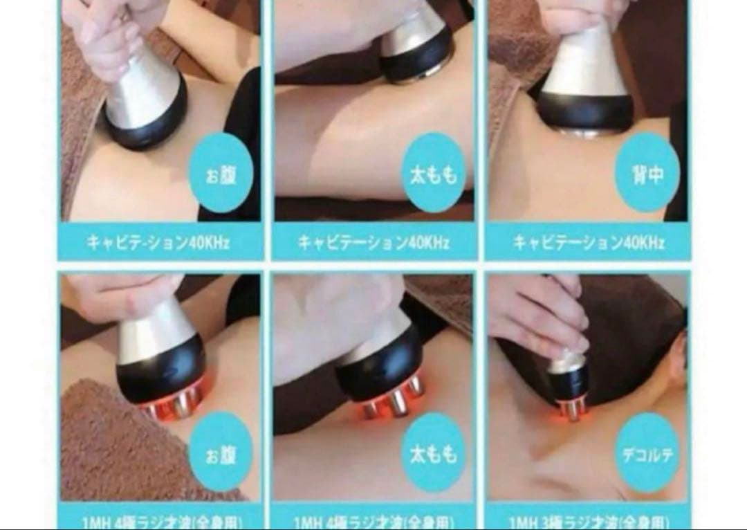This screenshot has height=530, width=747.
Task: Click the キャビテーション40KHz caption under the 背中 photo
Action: point(588,242)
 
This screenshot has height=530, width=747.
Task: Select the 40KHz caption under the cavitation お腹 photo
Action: point(158,242)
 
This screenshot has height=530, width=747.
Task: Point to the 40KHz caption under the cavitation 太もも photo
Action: point(373,242)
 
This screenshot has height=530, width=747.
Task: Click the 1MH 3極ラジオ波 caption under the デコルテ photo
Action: point(588,520)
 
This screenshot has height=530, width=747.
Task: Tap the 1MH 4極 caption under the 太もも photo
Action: point(373,520)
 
